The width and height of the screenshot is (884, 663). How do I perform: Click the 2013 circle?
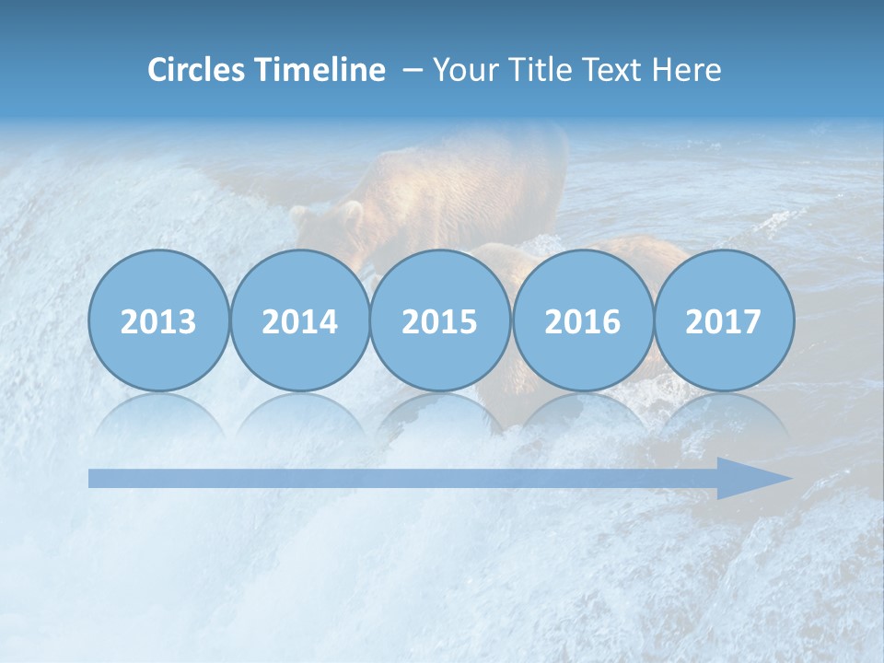(158, 320)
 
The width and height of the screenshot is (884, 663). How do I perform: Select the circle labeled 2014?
(299, 320)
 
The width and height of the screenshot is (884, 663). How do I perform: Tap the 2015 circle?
(440, 320)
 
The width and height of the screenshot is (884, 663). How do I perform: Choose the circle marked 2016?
(582, 320)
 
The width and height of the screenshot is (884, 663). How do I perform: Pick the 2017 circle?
(723, 320)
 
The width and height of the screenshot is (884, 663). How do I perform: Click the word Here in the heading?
(687, 70)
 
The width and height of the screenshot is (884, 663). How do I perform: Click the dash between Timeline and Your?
(413, 71)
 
